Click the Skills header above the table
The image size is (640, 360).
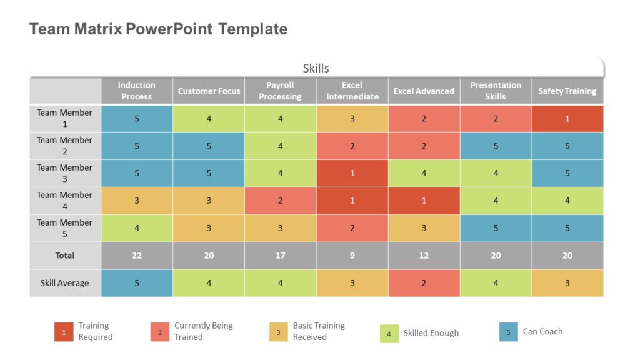pos(316,68)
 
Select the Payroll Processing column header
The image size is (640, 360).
pos(280,91)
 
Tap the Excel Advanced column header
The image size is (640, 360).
pos(424,91)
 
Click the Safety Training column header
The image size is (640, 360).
pos(567,91)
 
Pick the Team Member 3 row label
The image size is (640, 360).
pos(65,173)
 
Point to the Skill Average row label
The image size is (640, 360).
pos(65,283)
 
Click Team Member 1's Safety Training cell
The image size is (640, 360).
pos(567,118)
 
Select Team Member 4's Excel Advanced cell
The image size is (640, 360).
pos(424,201)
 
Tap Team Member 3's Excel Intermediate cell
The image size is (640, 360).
pos(352,173)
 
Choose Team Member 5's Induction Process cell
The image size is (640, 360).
pos(137,228)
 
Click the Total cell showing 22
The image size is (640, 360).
pos(137,256)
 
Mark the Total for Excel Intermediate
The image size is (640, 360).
pos(352,256)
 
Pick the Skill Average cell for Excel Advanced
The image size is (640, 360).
pos(424,283)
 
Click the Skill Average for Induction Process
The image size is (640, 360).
pos(137,283)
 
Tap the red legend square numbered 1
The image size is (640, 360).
pos(63,332)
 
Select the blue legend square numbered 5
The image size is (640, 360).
pos(509,332)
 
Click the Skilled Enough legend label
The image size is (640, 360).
pos(431,333)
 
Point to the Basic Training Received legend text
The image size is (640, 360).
pos(319,331)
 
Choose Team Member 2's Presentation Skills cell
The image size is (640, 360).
pos(496,146)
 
